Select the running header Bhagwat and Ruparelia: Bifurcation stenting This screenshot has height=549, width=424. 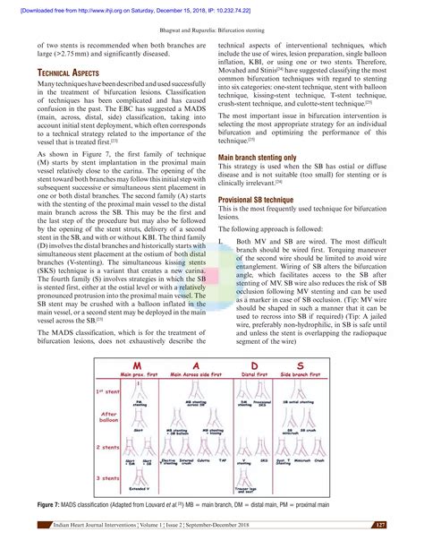pos(212,29)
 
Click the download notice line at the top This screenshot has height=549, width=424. pos(212,8)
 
